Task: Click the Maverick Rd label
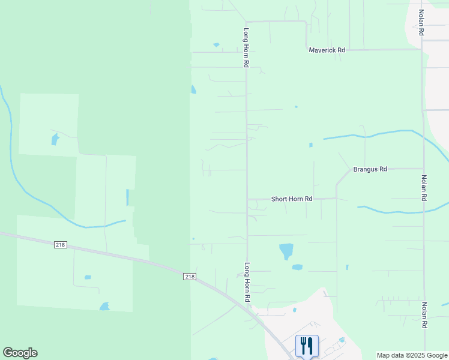(327, 50)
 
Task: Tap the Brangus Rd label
(370, 169)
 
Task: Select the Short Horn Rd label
(292, 199)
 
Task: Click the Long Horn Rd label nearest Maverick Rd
(246, 47)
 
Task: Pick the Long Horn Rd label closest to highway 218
(246, 281)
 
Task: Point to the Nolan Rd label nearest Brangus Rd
(424, 187)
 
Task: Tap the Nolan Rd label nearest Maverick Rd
(422, 22)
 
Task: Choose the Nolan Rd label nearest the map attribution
(424, 314)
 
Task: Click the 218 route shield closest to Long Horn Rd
(190, 276)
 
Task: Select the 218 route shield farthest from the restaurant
(61, 245)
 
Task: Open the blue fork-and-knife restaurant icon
(307, 346)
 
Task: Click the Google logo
(20, 353)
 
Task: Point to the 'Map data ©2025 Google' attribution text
(412, 355)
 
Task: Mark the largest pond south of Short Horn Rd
(286, 250)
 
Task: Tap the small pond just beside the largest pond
(297, 267)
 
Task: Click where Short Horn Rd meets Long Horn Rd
(247, 199)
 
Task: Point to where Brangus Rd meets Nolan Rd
(423, 169)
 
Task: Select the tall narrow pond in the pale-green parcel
(127, 197)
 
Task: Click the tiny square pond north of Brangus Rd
(310, 145)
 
